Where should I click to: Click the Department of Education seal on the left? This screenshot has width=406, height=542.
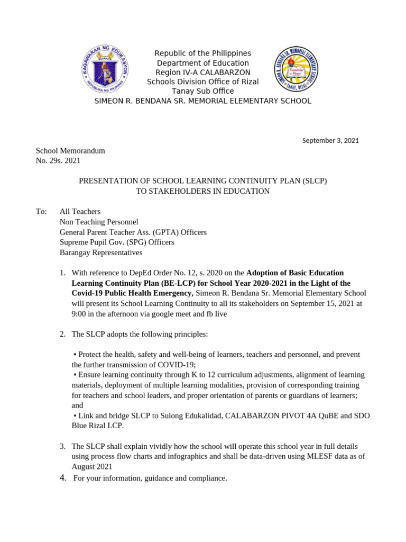click(x=105, y=69)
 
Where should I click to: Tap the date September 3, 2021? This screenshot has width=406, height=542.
click(x=330, y=140)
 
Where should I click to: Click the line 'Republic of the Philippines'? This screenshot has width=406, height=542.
click(x=202, y=53)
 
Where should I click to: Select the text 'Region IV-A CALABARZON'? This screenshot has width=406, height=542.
click(x=202, y=73)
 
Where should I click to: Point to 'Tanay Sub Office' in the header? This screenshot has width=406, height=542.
click(x=202, y=91)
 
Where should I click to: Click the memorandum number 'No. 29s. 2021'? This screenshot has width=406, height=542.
click(x=58, y=160)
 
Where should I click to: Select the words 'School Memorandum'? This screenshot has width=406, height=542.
click(x=70, y=150)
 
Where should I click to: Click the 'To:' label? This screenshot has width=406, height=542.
click(x=41, y=212)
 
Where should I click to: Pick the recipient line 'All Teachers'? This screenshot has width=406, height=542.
click(x=80, y=212)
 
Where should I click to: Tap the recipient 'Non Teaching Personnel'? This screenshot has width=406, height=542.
click(x=99, y=222)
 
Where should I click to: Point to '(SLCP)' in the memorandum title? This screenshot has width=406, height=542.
click(x=315, y=181)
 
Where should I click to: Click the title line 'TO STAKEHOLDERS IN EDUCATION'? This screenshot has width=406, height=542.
click(x=202, y=191)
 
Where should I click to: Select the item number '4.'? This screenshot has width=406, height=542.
click(x=63, y=478)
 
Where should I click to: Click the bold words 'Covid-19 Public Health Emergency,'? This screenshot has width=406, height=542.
click(x=133, y=293)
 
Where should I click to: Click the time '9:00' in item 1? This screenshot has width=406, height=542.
click(x=80, y=313)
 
